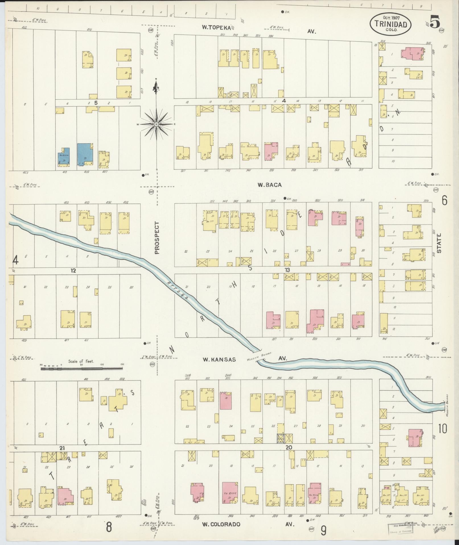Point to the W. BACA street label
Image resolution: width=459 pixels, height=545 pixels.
pos(269,185)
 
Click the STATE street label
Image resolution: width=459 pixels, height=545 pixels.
pos(439,243)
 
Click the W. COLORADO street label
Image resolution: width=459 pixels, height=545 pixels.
pos(221,524)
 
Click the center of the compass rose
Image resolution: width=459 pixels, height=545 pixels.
pos(156,124)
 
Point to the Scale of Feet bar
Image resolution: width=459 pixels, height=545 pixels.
pos(82,368)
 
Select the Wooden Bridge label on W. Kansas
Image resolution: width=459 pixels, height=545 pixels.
pos(260,356)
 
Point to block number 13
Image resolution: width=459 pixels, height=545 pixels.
pos(288,270)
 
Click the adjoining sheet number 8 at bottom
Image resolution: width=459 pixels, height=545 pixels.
pos(109,526)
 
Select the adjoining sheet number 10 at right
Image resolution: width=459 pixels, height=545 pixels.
pos(442,436)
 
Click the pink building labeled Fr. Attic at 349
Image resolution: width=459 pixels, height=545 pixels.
pos(230,493)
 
